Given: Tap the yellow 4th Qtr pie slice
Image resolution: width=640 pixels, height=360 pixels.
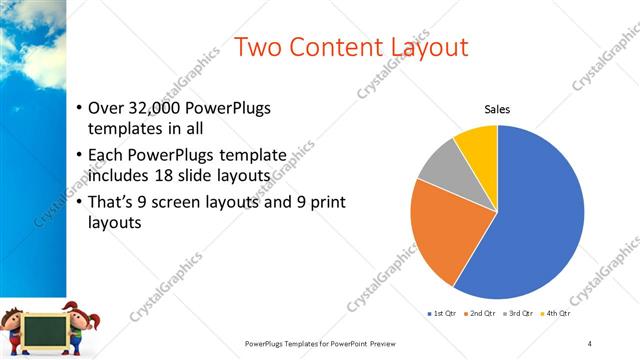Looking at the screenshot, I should (x=478, y=145).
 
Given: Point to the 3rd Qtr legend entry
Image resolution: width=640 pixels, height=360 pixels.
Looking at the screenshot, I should (x=522, y=314).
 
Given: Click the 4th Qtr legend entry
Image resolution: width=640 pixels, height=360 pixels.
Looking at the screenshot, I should (x=558, y=314).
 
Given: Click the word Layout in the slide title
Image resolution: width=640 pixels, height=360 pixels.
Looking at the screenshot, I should (x=420, y=48).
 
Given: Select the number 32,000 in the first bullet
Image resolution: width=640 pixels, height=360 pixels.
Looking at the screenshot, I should (x=153, y=108).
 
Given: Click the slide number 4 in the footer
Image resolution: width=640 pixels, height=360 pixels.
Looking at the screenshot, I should (x=590, y=343).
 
